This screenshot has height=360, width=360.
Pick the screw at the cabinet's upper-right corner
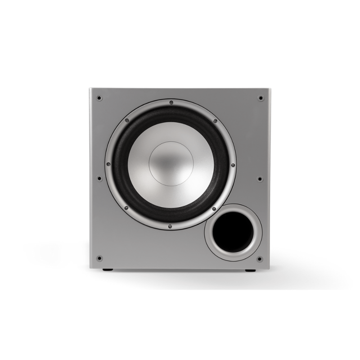coord(260,98)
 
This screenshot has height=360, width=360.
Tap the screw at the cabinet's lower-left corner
coord(99,258)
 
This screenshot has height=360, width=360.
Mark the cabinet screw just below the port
coord(260,259)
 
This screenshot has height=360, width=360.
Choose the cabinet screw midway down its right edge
coord(260,178)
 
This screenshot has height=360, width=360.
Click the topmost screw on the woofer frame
coord(171,103)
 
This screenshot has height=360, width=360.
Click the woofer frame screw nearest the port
coord(215,208)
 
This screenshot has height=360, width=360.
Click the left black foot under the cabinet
coord(107,271)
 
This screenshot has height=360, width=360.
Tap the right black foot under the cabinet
coord(248,271)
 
